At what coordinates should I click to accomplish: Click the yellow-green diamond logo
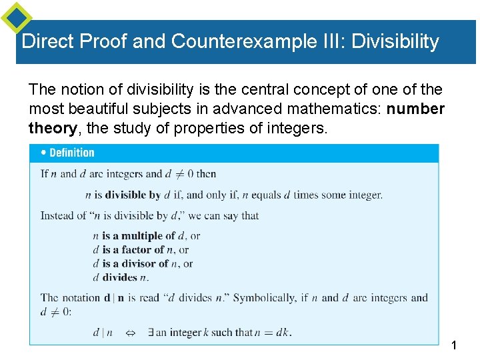click(x=16, y=17)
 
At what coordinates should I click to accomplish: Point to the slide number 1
click(x=454, y=346)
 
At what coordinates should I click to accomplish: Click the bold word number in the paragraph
click(x=415, y=109)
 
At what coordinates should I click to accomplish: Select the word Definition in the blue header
click(x=72, y=153)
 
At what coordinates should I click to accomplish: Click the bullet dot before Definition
click(x=44, y=153)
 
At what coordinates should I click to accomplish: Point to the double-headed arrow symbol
click(x=131, y=332)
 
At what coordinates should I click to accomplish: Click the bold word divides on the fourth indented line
click(x=120, y=277)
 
